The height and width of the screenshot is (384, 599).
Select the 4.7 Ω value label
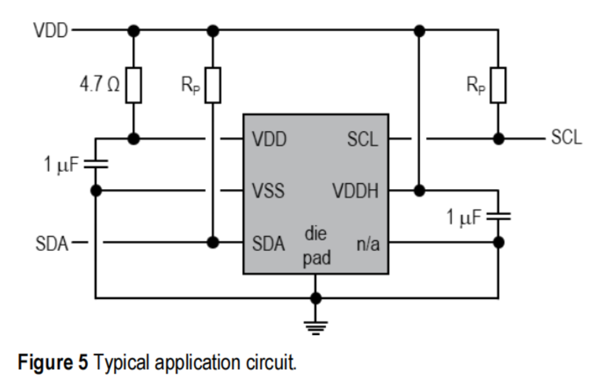pos(99,84)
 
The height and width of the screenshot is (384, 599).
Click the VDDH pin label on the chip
pos(356,191)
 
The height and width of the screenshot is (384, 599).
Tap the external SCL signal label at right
pos(566,138)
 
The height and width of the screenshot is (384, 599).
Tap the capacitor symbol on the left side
pos(95,164)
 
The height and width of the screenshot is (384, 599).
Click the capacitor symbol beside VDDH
pos(498,216)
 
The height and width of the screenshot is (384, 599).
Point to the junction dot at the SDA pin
pos(213,243)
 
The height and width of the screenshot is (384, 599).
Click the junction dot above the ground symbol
pos(315,298)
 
